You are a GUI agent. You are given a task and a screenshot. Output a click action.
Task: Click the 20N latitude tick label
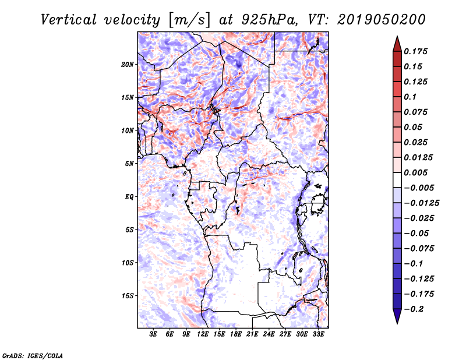tap(128, 64)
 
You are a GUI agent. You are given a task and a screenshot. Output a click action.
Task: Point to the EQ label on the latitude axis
tap(129, 197)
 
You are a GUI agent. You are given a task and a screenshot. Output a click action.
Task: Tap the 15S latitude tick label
tap(128, 296)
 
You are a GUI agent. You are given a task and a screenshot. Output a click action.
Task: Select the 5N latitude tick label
tap(129, 164)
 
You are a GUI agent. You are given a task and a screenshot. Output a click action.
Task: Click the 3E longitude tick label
tap(153, 334)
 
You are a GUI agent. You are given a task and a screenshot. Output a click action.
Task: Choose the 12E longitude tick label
tap(203, 334)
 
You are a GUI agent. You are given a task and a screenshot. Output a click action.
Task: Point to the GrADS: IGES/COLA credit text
tap(33, 355)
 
